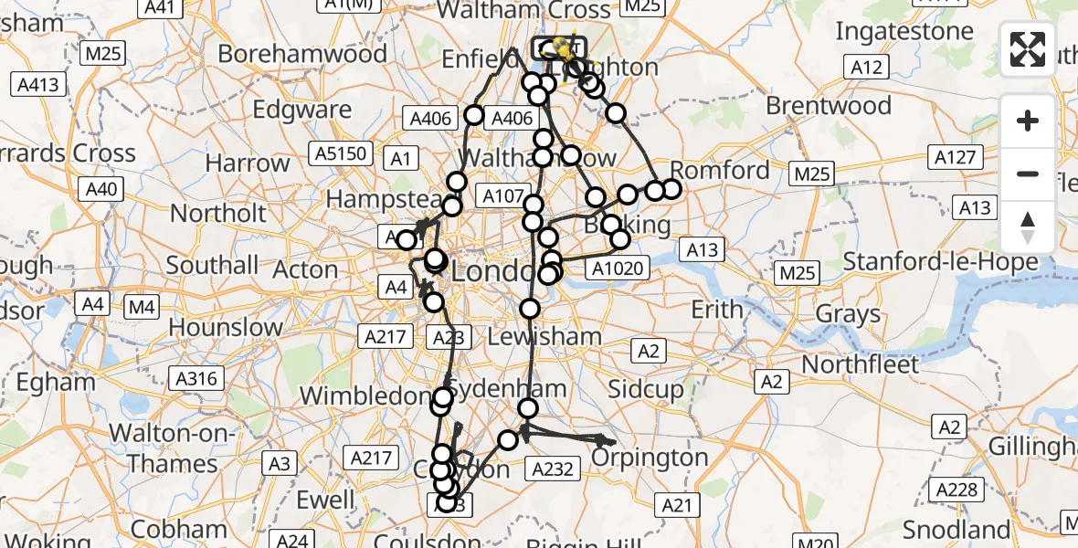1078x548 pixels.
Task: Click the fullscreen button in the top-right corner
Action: click(x=1028, y=49)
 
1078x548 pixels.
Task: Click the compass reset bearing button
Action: click(x=1028, y=227)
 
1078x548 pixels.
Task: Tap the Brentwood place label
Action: click(x=828, y=106)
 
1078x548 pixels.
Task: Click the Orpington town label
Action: click(x=650, y=457)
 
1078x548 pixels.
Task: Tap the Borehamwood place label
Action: click(x=302, y=54)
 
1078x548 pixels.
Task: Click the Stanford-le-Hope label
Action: click(x=940, y=263)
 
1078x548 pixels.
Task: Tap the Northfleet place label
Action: click(x=860, y=364)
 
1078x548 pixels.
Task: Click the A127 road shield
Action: click(x=956, y=157)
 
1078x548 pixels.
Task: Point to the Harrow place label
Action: click(x=248, y=163)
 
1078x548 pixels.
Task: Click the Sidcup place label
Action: click(x=645, y=390)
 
